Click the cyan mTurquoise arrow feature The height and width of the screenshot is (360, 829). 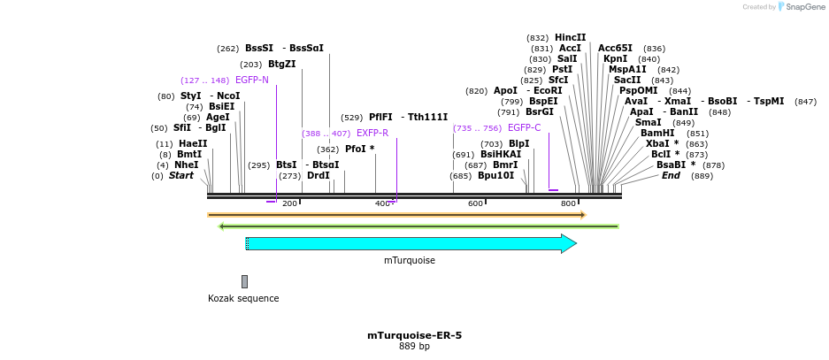(x=411, y=243)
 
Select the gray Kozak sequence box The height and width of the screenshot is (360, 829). (x=244, y=281)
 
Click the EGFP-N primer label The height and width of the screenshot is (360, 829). (x=251, y=80)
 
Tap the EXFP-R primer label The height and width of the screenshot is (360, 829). (x=372, y=134)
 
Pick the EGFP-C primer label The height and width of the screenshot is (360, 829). (x=524, y=128)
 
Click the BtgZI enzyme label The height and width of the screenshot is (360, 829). (x=281, y=64)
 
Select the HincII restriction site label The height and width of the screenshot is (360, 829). (x=570, y=37)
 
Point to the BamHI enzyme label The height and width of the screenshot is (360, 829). (x=657, y=134)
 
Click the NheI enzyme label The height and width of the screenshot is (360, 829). (x=186, y=165)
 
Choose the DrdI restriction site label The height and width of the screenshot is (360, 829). (x=318, y=175)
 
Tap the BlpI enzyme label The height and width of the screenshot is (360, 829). (x=518, y=144)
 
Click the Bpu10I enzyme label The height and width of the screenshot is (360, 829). (x=495, y=175)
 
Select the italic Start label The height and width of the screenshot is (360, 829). (x=180, y=175)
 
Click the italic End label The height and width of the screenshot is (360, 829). (x=671, y=175)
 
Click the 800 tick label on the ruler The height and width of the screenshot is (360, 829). (x=568, y=203)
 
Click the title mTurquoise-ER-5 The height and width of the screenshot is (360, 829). (x=414, y=335)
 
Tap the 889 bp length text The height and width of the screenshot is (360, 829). (x=414, y=346)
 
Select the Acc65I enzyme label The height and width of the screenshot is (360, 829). (x=615, y=48)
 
